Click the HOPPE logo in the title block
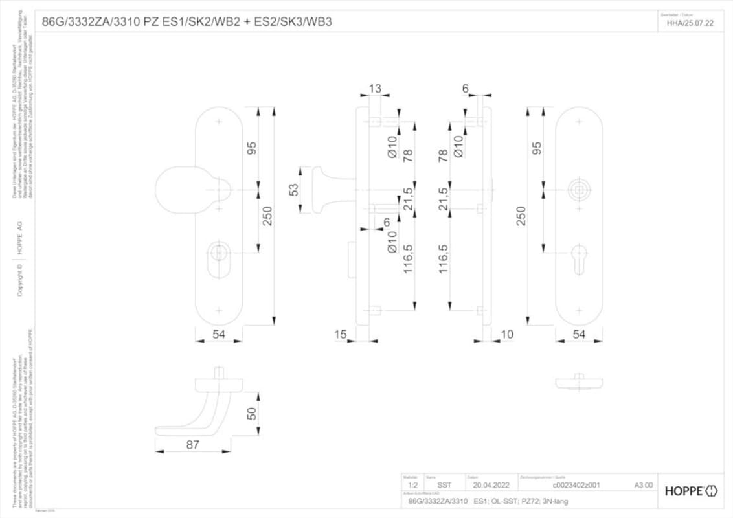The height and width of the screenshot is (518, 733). click(691, 491)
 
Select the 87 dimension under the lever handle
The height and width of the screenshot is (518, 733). click(192, 445)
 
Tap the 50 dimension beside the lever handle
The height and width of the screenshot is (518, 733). click(252, 412)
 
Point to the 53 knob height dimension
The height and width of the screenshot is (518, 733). click(293, 190)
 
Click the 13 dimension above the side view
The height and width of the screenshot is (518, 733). click(375, 89)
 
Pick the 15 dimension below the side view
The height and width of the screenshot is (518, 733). click(341, 334)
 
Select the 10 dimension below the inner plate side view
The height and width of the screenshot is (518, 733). click(507, 334)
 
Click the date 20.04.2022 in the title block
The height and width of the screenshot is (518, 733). click(491, 484)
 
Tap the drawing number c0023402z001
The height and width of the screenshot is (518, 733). click(576, 484)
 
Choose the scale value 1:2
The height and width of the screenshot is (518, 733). click(413, 484)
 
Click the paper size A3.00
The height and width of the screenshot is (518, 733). click(643, 484)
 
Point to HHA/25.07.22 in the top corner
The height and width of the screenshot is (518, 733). click(690, 23)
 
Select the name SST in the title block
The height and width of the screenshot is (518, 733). click(444, 484)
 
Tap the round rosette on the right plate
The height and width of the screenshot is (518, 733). click(580, 190)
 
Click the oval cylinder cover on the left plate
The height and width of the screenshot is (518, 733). click(219, 253)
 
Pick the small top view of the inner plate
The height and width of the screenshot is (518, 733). click(579, 382)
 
